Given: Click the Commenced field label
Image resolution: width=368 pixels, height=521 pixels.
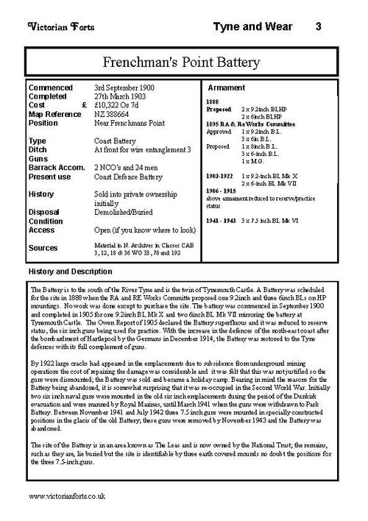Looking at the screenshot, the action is click(52, 87).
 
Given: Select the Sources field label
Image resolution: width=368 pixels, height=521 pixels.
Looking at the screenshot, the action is click(43, 247).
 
